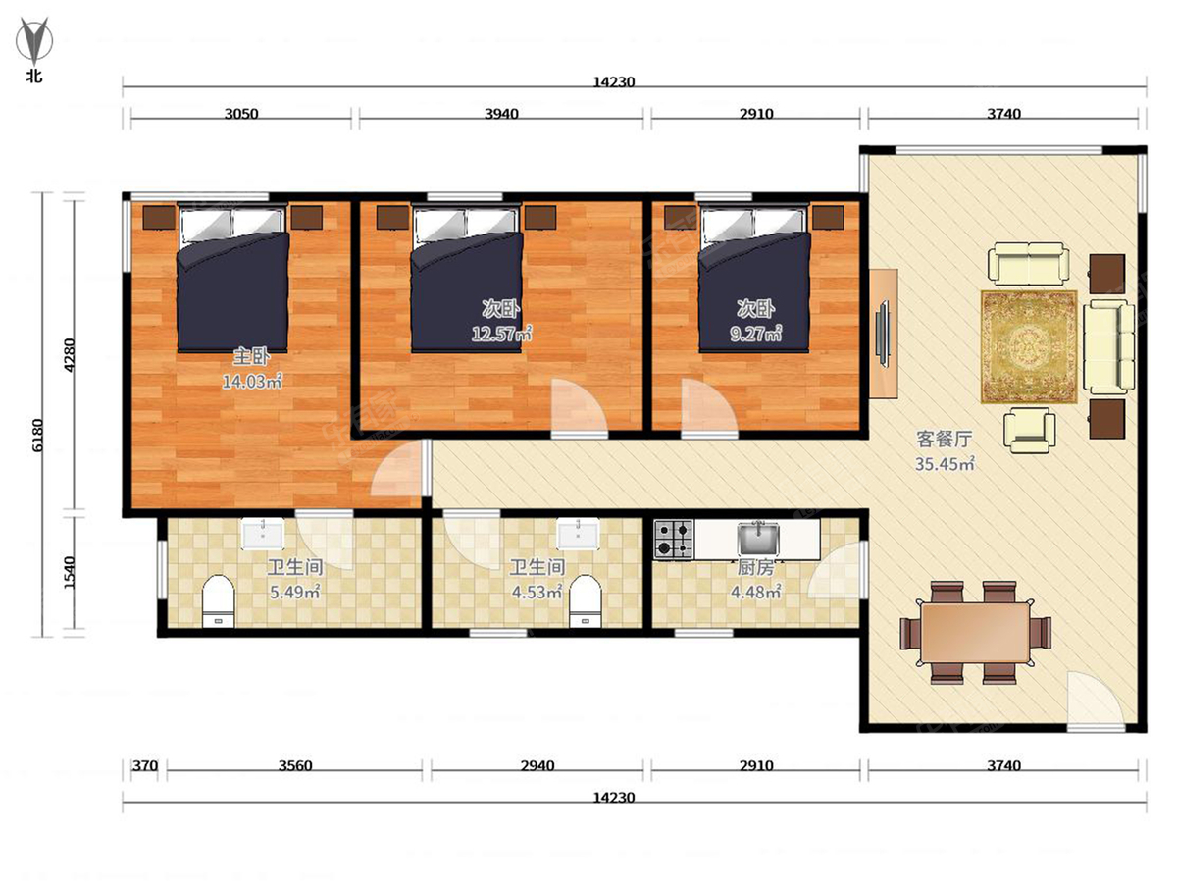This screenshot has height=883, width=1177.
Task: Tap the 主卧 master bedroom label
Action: point(251,356)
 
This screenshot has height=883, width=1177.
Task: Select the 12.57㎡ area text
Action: point(501,334)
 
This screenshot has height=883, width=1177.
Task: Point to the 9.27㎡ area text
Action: point(755,334)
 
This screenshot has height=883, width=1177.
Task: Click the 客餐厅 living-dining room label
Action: point(944,440)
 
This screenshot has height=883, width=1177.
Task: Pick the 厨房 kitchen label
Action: point(755,568)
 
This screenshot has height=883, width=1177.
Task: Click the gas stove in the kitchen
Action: point(674,540)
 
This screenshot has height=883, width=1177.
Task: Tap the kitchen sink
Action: point(757,539)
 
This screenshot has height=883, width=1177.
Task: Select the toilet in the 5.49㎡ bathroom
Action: point(219,601)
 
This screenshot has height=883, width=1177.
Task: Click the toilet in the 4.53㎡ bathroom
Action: point(586,601)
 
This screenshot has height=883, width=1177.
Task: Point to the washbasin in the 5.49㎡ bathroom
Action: point(263,534)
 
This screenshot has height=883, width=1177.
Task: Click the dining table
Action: point(975,633)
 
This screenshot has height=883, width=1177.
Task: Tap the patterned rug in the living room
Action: point(1029,347)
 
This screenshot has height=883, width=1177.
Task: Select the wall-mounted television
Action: point(882,334)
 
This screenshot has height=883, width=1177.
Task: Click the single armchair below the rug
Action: point(1030,430)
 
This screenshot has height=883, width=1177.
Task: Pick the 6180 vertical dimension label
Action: point(37,436)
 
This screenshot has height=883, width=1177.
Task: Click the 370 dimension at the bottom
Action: point(145,765)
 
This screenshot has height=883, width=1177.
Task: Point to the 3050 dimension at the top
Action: point(241,114)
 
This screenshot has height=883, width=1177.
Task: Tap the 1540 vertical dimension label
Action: point(70,573)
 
